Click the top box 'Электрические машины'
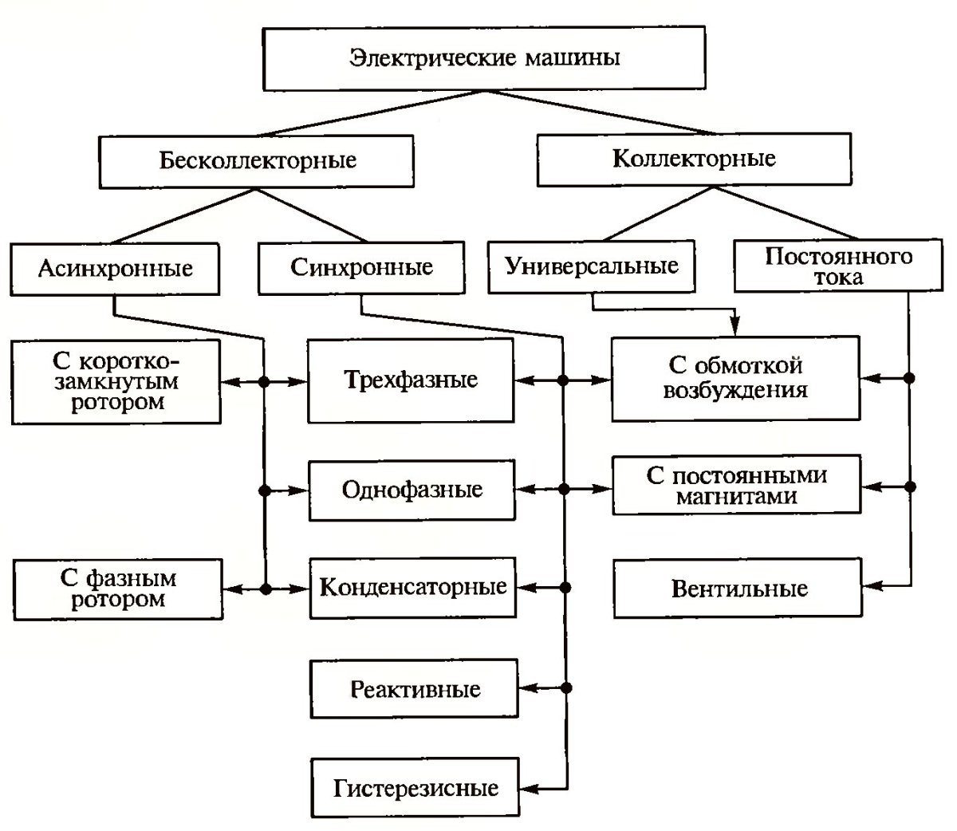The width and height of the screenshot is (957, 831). point(484,59)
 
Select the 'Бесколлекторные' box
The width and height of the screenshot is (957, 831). point(257,160)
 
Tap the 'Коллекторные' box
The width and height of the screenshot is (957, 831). point(693,159)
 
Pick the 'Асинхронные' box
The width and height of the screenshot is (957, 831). point(115,268)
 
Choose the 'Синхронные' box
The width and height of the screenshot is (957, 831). point(361,266)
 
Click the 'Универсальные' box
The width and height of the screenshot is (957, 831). point(592,266)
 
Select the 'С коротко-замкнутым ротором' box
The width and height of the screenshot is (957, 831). point(116,381)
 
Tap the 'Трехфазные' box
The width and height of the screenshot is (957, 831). point(411,380)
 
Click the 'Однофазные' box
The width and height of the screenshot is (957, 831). point(412,489)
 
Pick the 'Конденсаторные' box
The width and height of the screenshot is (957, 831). point(412,589)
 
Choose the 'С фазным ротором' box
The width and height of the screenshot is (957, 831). point(118,589)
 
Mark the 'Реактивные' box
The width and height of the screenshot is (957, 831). point(415,688)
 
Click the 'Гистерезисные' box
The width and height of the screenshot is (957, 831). point(415,789)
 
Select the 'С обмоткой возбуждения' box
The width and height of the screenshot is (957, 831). point(735,379)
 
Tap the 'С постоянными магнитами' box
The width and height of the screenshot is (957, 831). point(737,486)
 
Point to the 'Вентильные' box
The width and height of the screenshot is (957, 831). point(738,589)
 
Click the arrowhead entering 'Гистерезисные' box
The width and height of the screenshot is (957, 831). point(526,789)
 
